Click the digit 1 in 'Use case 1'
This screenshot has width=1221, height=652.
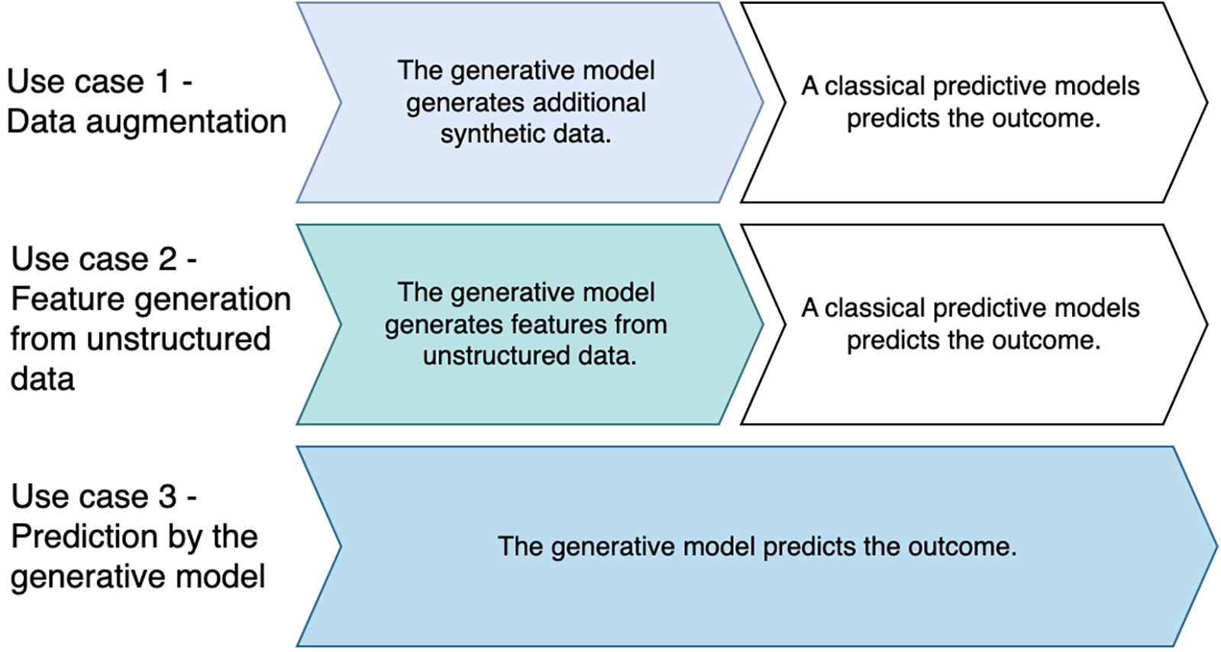coord(162,82)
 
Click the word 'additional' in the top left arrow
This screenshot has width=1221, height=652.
coord(589,102)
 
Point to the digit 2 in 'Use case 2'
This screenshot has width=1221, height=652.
coord(167,260)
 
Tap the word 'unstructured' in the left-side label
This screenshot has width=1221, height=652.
coord(179,339)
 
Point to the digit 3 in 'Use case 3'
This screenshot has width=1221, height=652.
coord(167,497)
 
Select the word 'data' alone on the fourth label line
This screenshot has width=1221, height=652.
coord(43,379)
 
